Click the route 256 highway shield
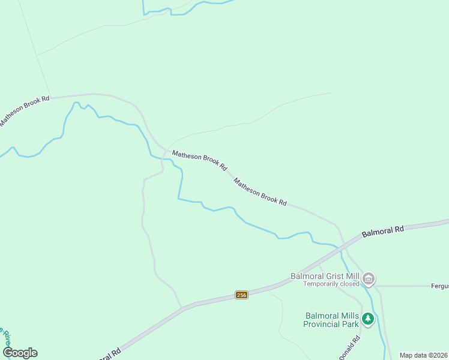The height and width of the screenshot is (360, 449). point(241,295)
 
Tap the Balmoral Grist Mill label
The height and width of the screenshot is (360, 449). point(325,276)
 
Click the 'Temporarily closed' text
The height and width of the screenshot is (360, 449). point(331,284)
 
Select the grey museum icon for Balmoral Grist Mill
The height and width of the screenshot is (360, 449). point(369,278)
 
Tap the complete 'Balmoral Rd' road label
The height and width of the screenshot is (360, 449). point(383,230)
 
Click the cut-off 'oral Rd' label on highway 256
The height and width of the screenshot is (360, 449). point(109,353)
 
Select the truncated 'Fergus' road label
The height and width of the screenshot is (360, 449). point(440,286)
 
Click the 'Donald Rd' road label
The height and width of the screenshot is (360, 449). point(350,347)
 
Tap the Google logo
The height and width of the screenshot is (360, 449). point(20,353)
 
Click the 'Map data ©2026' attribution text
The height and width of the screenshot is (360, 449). point(423,355)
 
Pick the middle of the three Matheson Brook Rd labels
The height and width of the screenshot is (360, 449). point(199,160)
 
